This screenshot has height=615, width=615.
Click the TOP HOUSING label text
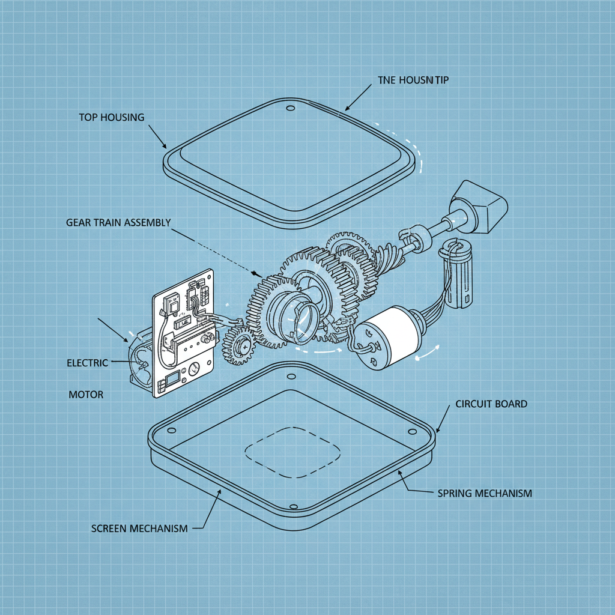pyautogui.click(x=112, y=117)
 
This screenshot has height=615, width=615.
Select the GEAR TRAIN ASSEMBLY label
pyautogui.click(x=118, y=222)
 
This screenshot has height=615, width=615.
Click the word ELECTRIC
pyautogui.click(x=88, y=363)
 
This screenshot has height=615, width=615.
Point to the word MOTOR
pyautogui.click(x=85, y=395)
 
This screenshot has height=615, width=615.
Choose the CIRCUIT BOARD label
pyautogui.click(x=491, y=404)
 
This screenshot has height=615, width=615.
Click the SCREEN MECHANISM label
pyautogui.click(x=139, y=528)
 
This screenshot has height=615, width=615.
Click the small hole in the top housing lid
pyautogui.click(x=291, y=109)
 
